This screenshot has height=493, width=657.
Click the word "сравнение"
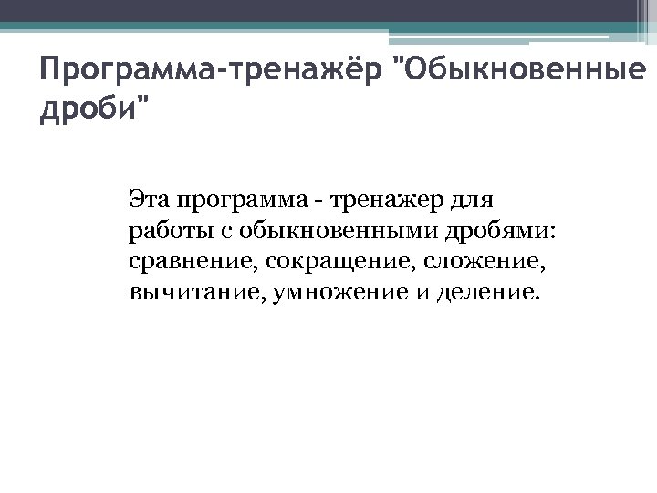[x=193, y=263]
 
